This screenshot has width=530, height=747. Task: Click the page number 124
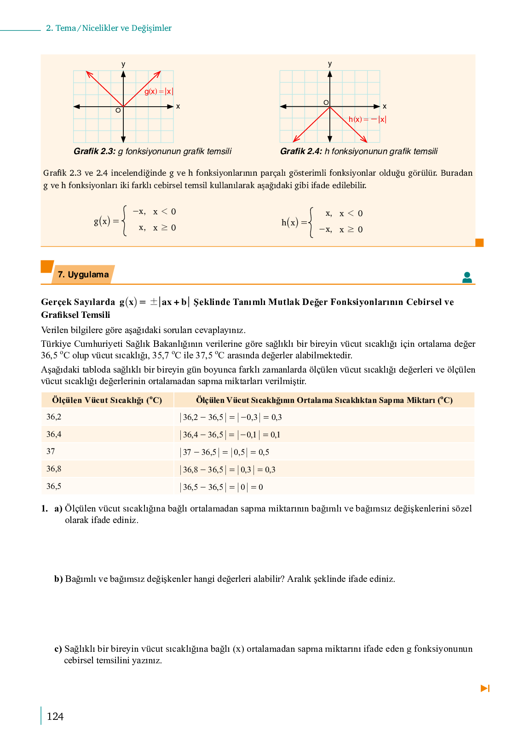pos(55,716)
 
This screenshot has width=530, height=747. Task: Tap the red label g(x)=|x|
pos(159,92)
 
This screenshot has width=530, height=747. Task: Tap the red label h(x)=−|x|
pos(367,120)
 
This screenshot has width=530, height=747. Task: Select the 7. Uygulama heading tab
pos(83,275)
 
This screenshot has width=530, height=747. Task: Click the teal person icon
pos(467,277)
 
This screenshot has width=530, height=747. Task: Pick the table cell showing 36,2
pos(54,417)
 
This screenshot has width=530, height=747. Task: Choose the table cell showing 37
pos(51,451)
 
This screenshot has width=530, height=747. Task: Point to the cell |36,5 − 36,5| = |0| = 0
pos(221,487)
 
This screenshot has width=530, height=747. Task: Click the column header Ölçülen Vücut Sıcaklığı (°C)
pos(107,400)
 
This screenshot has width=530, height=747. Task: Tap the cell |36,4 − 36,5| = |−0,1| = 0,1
pos(230,434)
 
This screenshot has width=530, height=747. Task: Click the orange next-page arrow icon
pos(485,688)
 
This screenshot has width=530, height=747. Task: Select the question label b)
pos(58,579)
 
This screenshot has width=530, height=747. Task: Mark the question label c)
pos(58,649)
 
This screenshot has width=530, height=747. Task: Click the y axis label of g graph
pos(123,64)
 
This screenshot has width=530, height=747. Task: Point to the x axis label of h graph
pos(385,106)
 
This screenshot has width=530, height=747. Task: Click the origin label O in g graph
pos(118,110)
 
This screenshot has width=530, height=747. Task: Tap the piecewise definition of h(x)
pos(322,222)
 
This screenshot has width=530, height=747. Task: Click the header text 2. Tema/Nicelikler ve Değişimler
pos(109,28)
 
